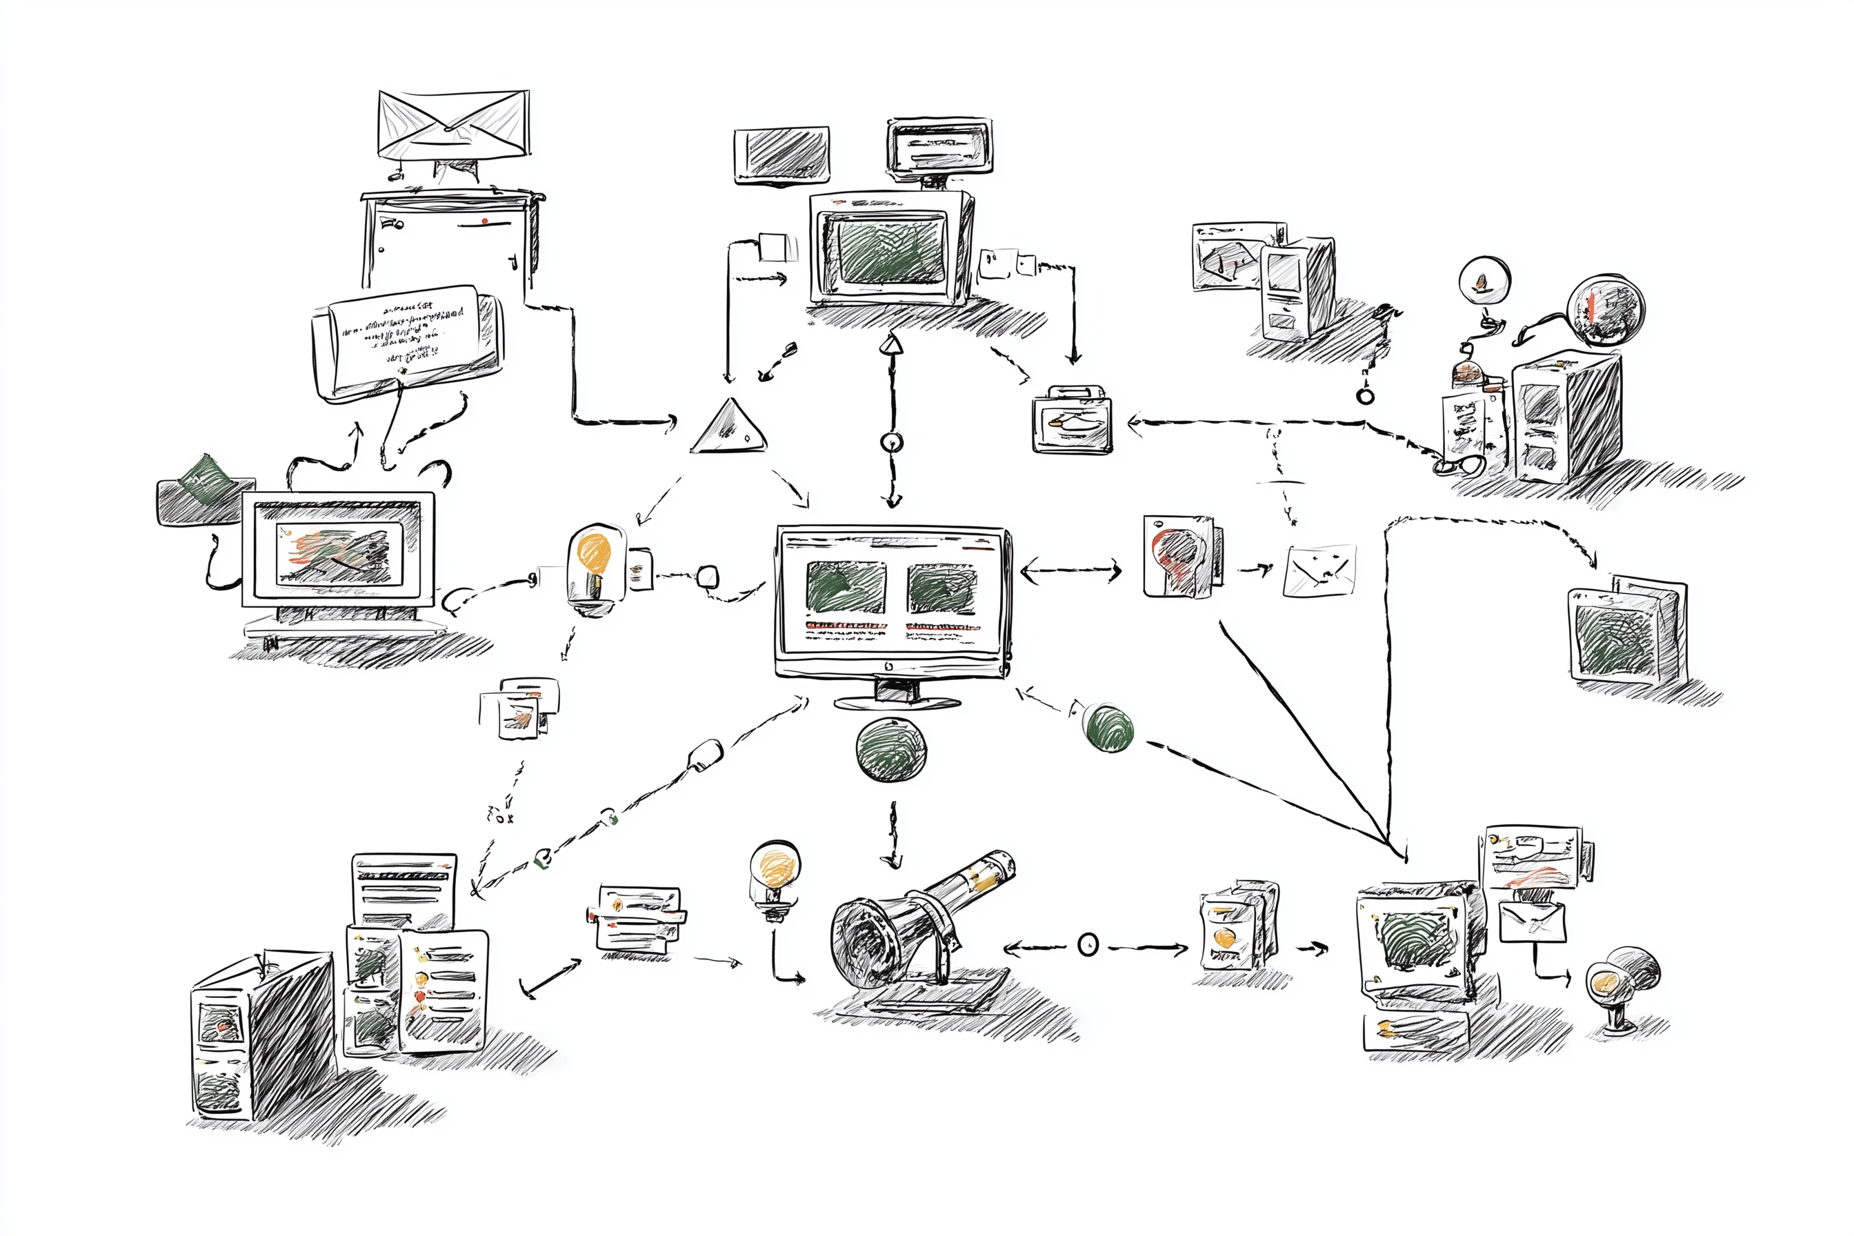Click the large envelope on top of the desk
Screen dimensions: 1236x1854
(x=453, y=125)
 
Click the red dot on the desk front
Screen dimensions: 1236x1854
(x=485, y=221)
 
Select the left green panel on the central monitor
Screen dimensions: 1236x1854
(x=845, y=587)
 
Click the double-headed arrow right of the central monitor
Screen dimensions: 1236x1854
(x=1070, y=570)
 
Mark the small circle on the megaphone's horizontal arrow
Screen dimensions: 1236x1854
(x=1088, y=944)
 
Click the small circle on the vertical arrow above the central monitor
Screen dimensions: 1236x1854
(x=892, y=441)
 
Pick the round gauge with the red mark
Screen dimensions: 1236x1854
(x=1605, y=310)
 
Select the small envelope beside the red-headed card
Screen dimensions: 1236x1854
(x=1319, y=570)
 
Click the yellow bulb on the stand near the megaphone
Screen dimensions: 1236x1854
(x=775, y=866)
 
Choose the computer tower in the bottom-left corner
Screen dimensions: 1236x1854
(x=264, y=1037)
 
